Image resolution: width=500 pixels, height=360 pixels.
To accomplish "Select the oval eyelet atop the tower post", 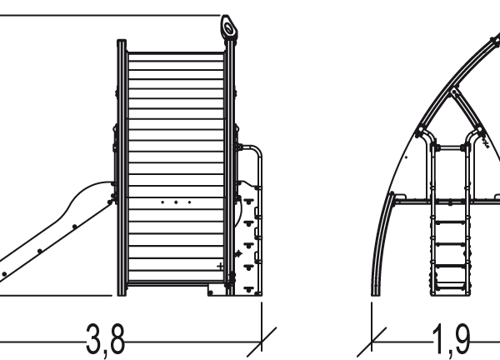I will [228, 28].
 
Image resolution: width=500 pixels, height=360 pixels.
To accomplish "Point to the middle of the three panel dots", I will [176, 202].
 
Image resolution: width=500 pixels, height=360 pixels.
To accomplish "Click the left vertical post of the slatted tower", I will [122, 167].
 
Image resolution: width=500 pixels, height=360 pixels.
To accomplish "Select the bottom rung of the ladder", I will [451, 283].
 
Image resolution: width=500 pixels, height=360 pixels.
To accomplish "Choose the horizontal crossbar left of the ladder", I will [412, 201].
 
